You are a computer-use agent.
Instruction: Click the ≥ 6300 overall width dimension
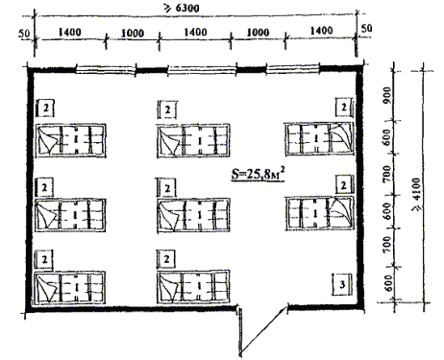[x=182, y=8]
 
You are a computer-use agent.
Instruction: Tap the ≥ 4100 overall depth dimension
[x=417, y=194]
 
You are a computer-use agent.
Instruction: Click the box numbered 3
[x=342, y=284]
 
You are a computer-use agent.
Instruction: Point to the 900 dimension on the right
[x=387, y=94]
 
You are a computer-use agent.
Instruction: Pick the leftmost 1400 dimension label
[x=69, y=32]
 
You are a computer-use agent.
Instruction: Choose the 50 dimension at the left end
[x=24, y=33]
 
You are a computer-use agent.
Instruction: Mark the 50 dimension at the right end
[x=366, y=28]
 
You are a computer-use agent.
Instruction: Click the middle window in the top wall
[x=202, y=70]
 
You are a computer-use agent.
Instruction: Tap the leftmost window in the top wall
[x=106, y=70]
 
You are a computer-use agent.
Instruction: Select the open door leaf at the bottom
[x=263, y=329]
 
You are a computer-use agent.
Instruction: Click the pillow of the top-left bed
[x=48, y=140]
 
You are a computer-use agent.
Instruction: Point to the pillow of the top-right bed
[x=341, y=137]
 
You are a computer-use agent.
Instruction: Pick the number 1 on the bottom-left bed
[x=76, y=288]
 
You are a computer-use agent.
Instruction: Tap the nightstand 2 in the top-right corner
[x=344, y=108]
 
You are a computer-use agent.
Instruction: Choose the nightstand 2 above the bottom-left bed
[x=45, y=259]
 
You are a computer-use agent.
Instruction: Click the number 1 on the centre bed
[x=199, y=215]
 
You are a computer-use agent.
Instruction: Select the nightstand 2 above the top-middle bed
[x=167, y=109]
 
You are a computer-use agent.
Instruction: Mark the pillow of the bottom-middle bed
[x=170, y=287]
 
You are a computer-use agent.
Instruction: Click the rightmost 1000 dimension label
[x=258, y=32]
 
